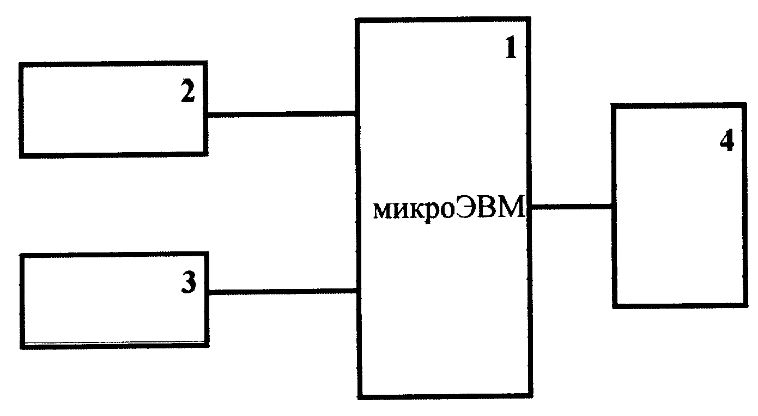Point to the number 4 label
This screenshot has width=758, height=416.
[x=727, y=140]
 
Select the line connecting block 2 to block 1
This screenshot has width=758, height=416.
[x=282, y=114]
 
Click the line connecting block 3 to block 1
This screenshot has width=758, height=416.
[x=283, y=291]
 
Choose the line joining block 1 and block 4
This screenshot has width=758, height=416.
[x=572, y=206]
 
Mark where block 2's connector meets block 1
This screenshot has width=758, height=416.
[x=356, y=114]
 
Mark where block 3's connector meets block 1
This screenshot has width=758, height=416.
[x=357, y=291]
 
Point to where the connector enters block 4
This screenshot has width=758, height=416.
[x=613, y=206]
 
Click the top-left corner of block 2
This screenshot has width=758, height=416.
[x=20, y=64]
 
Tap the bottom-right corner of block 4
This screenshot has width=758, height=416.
[x=747, y=306]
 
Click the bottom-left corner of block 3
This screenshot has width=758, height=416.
[x=22, y=347]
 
